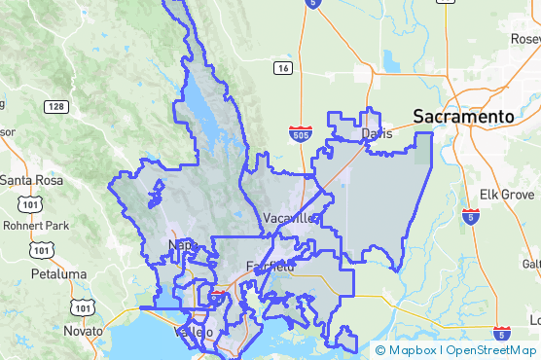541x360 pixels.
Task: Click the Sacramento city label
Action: click(x=463, y=116)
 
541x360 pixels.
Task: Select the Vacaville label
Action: click(x=289, y=218)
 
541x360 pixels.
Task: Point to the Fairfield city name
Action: click(x=270, y=266)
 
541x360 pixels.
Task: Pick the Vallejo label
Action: click(x=192, y=333)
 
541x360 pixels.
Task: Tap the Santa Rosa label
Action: click(x=30, y=180)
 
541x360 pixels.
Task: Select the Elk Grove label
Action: click(x=501, y=194)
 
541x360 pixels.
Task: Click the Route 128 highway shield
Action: click(x=55, y=106)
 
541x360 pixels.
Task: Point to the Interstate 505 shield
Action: click(x=300, y=131)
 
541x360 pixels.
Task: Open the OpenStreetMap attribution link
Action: click(x=490, y=350)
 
